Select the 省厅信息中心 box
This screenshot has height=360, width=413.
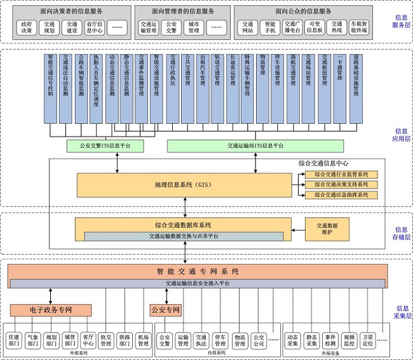point(93,27)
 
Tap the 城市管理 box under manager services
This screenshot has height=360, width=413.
point(193,27)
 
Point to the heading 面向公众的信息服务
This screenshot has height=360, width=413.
point(304,11)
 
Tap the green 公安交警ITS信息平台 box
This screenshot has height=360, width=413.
point(105,146)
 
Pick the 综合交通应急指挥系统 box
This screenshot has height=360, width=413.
point(341,194)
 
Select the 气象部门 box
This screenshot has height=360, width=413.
point(33,340)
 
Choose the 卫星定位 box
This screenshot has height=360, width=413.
point(367,340)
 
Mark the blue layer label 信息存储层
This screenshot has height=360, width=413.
point(402,233)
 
